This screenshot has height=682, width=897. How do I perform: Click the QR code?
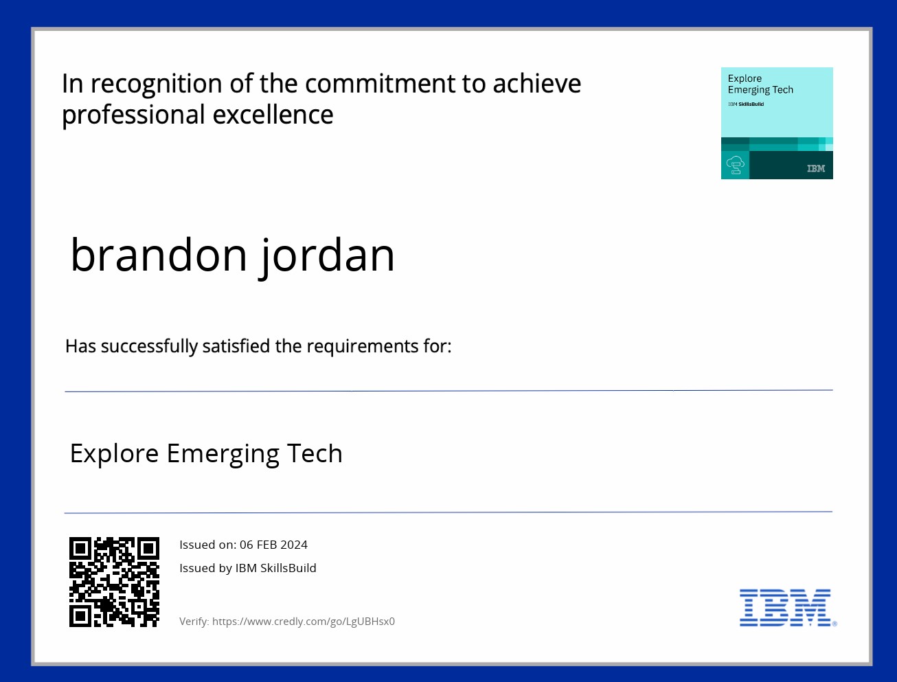pyautogui.click(x=114, y=582)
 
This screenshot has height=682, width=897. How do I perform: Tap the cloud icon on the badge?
pyautogui.click(x=735, y=165)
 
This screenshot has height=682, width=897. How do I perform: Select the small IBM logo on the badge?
pyautogui.click(x=816, y=168)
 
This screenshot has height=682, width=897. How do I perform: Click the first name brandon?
pyautogui.click(x=159, y=255)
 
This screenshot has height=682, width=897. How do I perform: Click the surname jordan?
pyautogui.click(x=326, y=258)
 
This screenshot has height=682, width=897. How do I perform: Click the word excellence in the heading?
pyautogui.click(x=273, y=115)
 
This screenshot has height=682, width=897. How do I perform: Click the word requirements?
pyautogui.click(x=363, y=347)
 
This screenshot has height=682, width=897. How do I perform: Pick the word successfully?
pyautogui.click(x=150, y=347)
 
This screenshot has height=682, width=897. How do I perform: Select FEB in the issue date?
pyautogui.click(x=266, y=545)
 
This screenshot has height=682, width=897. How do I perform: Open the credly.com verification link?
pyautogui.click(x=304, y=622)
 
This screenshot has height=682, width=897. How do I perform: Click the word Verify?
pyautogui.click(x=194, y=622)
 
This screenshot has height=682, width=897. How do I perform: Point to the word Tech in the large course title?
pyautogui.click(x=315, y=453)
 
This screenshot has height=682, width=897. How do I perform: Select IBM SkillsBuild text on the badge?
pyautogui.click(x=746, y=104)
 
